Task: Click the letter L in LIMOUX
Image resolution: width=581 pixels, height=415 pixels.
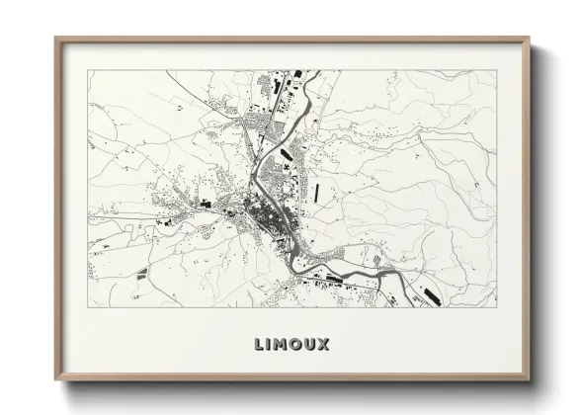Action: pyautogui.click(x=258, y=344)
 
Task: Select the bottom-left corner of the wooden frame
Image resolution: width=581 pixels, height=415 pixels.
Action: pyautogui.click(x=55, y=382)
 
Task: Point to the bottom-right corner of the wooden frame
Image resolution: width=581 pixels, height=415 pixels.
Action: pyautogui.click(x=531, y=382)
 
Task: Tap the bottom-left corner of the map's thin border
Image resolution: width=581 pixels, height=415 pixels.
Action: pyautogui.click(x=88, y=307)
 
